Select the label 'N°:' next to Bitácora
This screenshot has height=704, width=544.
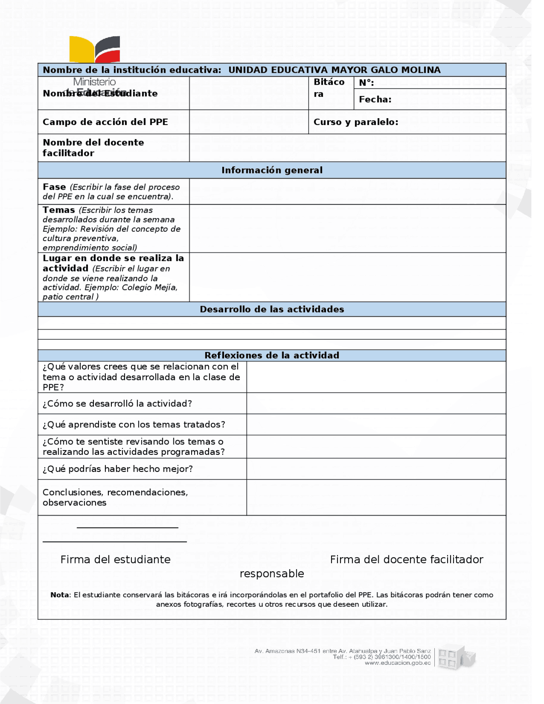pos(366,83)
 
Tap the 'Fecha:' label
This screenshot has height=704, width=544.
pos(375,99)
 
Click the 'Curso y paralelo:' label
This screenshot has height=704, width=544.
pos(356,122)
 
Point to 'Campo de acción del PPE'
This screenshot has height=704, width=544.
pos(105,122)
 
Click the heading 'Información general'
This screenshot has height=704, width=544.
pos(272,170)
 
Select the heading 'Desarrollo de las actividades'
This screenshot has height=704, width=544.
pos(272,309)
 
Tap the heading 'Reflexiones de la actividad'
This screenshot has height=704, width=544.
pos(272,355)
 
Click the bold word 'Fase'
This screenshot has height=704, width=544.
pos(54,187)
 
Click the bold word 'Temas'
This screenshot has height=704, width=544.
pos(59,210)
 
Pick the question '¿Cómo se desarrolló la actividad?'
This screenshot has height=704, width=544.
pos(117,403)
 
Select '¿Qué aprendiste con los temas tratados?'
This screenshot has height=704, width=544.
pos(133,424)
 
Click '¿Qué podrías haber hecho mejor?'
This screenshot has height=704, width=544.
pos(117,468)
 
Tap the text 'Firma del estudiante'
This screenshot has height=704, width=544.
pos(115,559)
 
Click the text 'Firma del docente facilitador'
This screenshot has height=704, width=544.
pos(406,559)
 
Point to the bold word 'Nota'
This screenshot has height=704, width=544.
pos(59,595)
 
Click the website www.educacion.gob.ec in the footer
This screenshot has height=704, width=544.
pos(397,663)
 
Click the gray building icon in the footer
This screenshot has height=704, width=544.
pos(456,657)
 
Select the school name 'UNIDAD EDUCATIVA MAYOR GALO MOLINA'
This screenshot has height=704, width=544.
pos(334,70)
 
